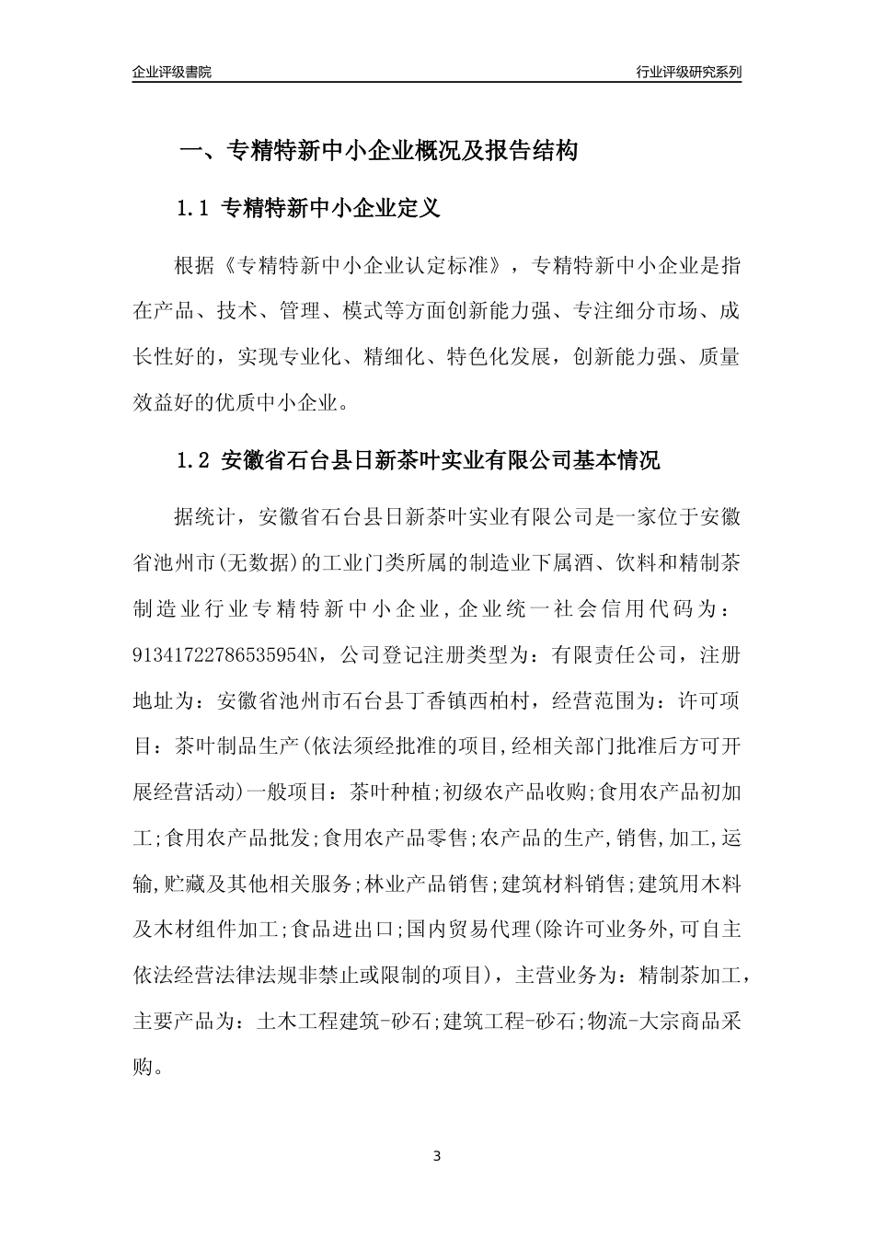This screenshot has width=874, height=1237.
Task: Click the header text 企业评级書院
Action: pos(172,72)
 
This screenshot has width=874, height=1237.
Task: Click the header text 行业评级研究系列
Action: pos(688,72)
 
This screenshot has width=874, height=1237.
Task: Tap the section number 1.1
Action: pos(195,209)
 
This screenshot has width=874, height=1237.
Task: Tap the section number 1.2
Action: pos(195,460)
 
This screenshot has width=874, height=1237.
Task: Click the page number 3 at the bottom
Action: pos(437,1155)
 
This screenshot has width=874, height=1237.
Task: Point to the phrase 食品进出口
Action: pos(342,930)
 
